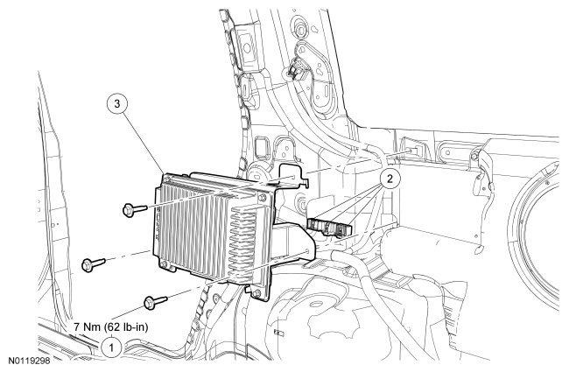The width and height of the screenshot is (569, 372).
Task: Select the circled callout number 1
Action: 109,347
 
